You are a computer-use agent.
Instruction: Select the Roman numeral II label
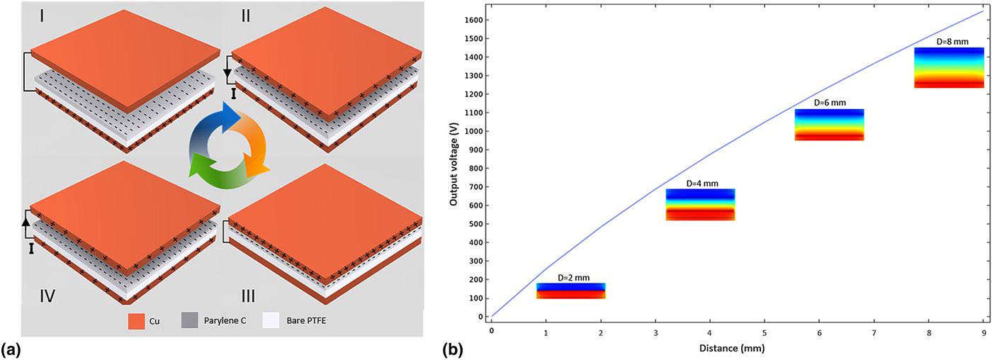click(x=245, y=15)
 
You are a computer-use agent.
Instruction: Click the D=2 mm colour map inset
click(x=571, y=291)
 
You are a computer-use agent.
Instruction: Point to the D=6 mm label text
click(x=829, y=103)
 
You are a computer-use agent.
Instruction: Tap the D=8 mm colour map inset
click(x=949, y=68)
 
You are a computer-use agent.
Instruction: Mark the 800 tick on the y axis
click(x=475, y=169)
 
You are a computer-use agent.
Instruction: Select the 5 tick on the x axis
click(x=764, y=331)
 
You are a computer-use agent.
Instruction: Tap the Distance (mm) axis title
click(x=737, y=349)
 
